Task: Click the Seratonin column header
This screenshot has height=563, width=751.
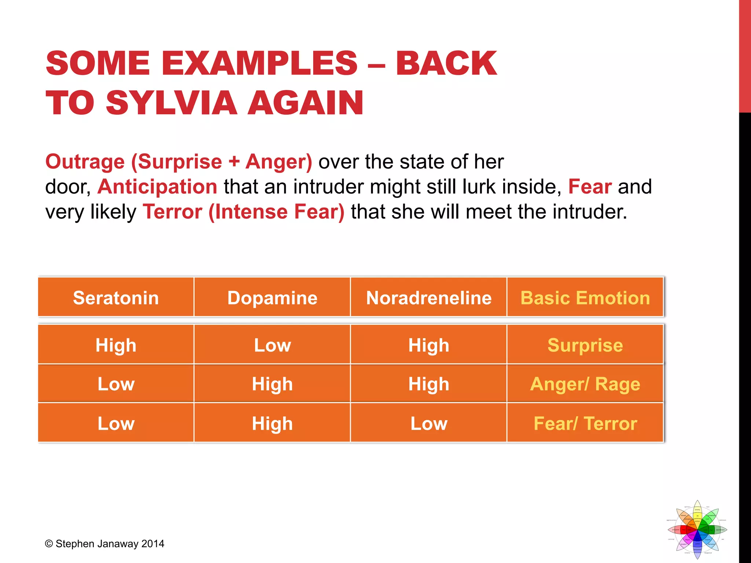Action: tap(116, 298)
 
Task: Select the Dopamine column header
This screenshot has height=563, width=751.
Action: tap(272, 298)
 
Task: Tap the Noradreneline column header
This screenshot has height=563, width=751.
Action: tap(429, 298)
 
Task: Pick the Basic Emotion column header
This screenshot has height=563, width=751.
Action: tap(585, 298)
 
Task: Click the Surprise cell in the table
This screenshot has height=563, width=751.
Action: tap(585, 345)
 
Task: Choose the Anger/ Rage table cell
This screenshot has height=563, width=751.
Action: tap(585, 384)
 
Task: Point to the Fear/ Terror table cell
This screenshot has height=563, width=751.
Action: tap(585, 423)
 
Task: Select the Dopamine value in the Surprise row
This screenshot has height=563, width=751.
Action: tap(272, 345)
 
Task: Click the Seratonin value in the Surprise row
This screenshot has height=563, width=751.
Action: tap(116, 345)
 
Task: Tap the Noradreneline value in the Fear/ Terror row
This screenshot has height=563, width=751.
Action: tap(429, 423)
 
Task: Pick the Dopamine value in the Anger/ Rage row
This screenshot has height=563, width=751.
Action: tap(272, 384)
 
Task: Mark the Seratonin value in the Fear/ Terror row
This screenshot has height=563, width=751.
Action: tap(116, 423)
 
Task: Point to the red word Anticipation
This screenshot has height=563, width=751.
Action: tap(157, 187)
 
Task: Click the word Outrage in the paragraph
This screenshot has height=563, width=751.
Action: tap(85, 162)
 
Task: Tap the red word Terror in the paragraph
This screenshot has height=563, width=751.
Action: tap(172, 211)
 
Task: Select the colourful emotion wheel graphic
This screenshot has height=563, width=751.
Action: tap(697, 530)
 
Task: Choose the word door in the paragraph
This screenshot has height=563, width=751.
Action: tap(66, 187)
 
